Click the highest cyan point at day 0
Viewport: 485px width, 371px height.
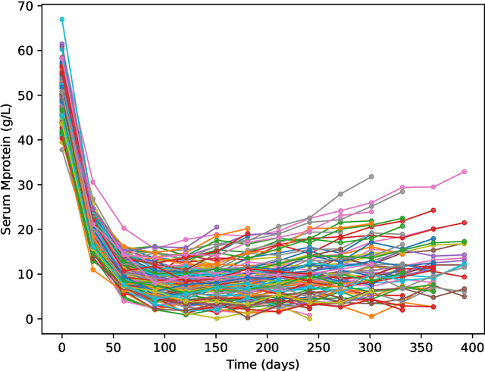click(62, 19)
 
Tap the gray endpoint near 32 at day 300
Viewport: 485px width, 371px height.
click(371, 176)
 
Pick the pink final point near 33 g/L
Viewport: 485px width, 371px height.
click(464, 172)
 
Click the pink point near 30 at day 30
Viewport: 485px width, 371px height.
click(93, 182)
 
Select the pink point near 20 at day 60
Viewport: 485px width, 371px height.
click(124, 228)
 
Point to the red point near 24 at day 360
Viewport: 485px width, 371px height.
click(433, 210)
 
